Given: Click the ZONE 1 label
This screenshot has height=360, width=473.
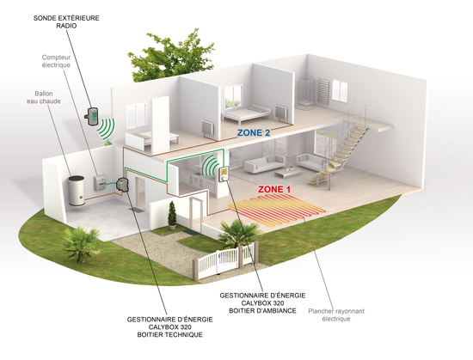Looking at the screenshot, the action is [274, 190].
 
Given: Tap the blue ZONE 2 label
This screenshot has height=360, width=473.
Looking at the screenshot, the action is [254, 132].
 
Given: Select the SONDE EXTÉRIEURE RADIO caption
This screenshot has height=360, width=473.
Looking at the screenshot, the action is [66, 21].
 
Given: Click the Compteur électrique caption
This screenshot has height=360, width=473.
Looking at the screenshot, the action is [56, 61].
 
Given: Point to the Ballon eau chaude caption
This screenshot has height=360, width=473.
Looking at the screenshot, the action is [44, 97].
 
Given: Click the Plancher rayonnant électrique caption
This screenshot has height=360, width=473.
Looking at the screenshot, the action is [336, 314].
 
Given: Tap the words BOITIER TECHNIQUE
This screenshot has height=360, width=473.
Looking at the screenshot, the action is [169, 335].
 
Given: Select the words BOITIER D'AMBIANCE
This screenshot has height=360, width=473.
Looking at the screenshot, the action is [262, 310].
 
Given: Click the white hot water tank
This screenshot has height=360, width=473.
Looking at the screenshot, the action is [77, 191].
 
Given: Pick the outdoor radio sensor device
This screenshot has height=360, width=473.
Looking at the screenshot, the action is [91, 116].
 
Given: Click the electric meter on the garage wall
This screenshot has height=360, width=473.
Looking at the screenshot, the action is [100, 182].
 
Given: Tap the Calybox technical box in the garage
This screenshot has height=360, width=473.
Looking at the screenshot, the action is [122, 185].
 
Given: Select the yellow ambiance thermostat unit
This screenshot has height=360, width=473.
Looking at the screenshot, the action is [224, 174].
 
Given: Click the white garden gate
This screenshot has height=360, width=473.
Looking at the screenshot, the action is [224, 261].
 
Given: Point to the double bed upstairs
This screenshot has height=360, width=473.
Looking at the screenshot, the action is [247, 113].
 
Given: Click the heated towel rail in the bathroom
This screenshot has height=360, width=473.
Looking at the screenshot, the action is [322, 89].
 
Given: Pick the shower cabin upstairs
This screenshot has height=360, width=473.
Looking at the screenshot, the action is [305, 93].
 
